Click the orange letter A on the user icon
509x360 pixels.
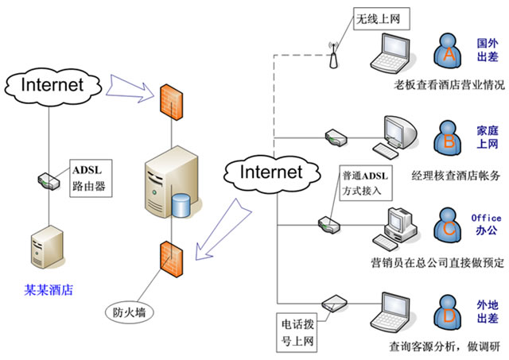pyautogui.click(x=449, y=55)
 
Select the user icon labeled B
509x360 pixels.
pyautogui.click(x=449, y=137)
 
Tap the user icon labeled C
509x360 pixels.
pyautogui.click(x=449, y=225)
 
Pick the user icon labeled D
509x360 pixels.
pyautogui.click(x=449, y=312)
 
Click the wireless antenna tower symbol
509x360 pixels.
pyautogui.click(x=332, y=56)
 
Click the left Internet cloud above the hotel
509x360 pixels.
pyautogui.click(x=50, y=83)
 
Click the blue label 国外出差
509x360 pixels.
pyautogui.click(x=487, y=48)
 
